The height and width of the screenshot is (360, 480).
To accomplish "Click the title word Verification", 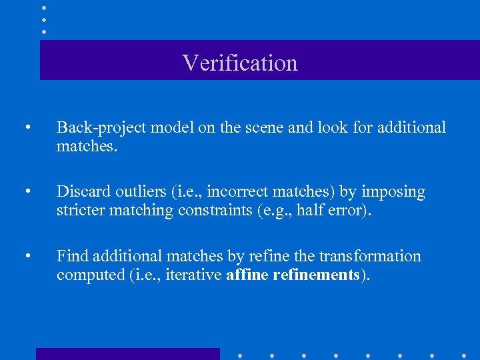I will [240, 63].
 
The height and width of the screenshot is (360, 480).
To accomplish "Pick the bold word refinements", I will [316, 274].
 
